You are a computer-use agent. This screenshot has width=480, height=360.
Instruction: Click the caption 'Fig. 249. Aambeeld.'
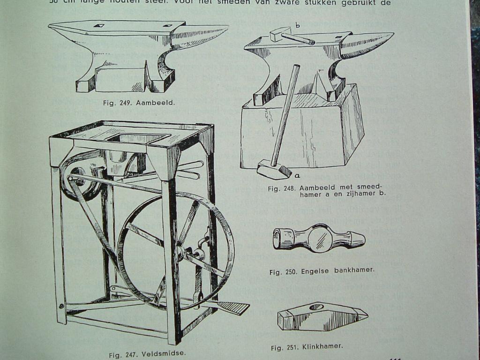point(139,103)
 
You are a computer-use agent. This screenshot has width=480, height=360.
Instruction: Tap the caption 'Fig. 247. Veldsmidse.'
point(147,354)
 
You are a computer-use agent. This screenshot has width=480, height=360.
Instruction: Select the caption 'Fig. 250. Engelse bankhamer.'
point(322,271)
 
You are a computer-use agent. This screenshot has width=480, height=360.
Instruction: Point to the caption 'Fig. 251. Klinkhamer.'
point(307,347)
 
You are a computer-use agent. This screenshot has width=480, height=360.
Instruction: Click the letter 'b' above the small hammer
point(297,25)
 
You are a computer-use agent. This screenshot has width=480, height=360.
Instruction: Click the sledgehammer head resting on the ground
point(274,169)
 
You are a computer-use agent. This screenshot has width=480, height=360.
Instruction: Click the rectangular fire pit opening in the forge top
point(138,138)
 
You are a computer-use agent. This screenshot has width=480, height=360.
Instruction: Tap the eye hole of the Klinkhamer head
point(316,307)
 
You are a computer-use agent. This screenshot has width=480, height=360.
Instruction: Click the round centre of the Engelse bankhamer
point(320,239)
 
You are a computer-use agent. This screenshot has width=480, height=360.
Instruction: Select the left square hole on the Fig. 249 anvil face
point(99,25)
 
